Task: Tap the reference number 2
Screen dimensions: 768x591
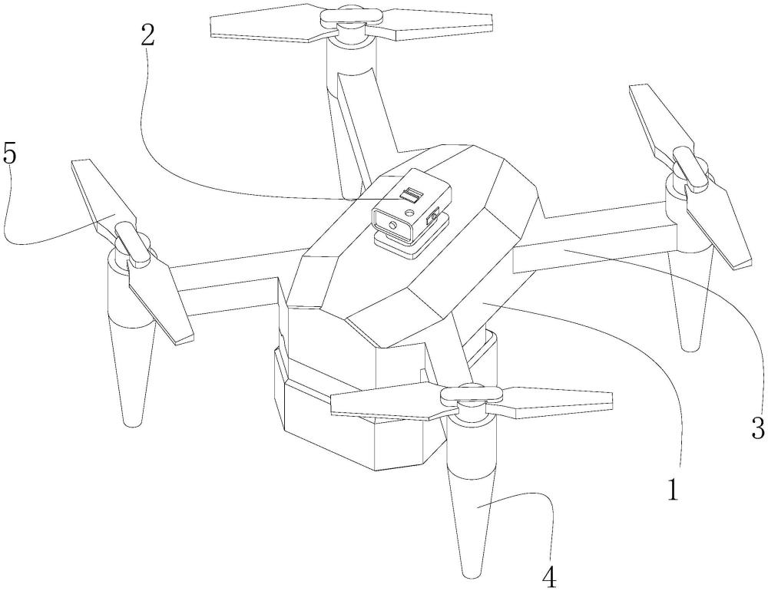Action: pos(147,35)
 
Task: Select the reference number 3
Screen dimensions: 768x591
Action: pos(758,427)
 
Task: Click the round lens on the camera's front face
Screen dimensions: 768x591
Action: pos(392,224)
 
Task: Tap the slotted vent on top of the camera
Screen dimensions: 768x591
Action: pos(411,196)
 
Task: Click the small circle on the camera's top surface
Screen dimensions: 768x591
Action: pos(410,213)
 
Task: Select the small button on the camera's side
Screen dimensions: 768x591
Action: pos(433,217)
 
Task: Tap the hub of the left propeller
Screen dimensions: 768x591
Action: pos(132,242)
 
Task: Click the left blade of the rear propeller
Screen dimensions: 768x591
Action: pos(268,26)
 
